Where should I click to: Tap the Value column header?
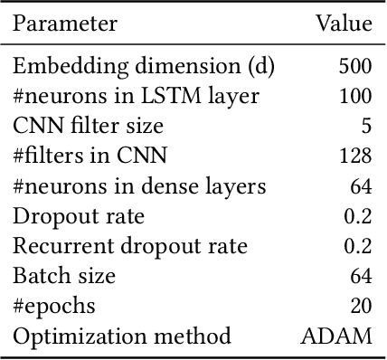(344, 24)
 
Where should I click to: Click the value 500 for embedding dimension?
(354, 67)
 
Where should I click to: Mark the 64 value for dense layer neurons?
(360, 187)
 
